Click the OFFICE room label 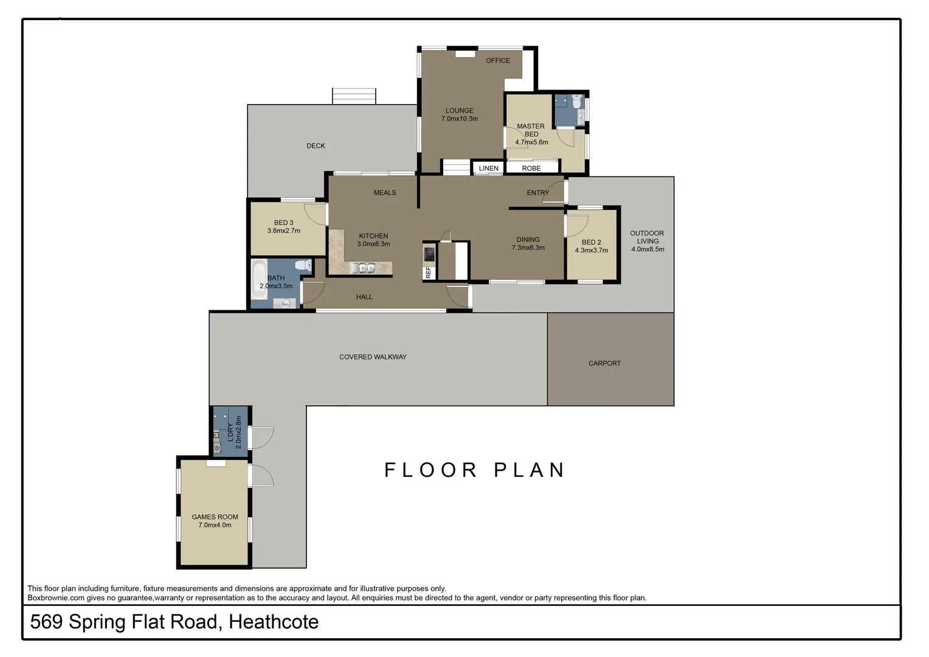coord(497,61)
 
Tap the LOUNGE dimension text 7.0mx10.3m coord(459,119)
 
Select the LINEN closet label coord(488,169)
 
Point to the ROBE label coord(531,169)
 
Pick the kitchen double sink coord(363,268)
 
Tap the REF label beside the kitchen coord(429,273)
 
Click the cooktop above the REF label coord(429,253)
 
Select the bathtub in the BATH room coord(259,280)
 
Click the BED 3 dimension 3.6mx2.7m coord(283,231)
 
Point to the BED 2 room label coord(591,242)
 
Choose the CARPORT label coord(604,363)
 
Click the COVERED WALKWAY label coord(373,357)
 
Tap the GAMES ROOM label coord(215,517)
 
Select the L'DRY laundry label coord(230,433)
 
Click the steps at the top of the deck coord(354,96)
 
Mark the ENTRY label coord(537,193)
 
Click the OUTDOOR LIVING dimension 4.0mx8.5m coord(648,249)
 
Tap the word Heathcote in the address coord(274,622)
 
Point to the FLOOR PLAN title coord(475,470)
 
